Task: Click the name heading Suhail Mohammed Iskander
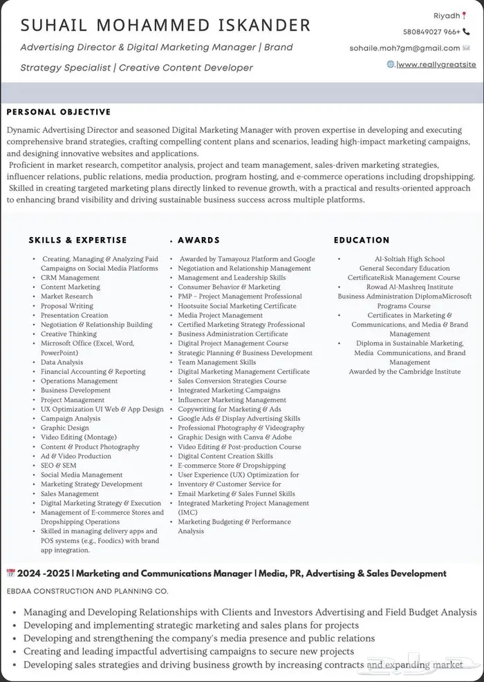point(165,26)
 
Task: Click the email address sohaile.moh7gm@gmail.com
point(404,48)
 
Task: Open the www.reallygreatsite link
point(437,64)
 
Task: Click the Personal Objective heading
point(59,112)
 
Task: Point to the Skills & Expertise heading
point(78,240)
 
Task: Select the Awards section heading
point(198,240)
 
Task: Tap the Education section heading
point(362,240)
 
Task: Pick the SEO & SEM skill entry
point(59,466)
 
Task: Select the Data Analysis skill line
point(62,362)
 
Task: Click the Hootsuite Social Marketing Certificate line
point(236,306)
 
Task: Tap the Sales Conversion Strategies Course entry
point(232,381)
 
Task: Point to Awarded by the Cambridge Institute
point(404,372)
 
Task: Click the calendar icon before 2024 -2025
point(10,573)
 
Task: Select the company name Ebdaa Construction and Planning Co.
point(87,591)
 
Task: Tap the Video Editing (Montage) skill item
point(79,437)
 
